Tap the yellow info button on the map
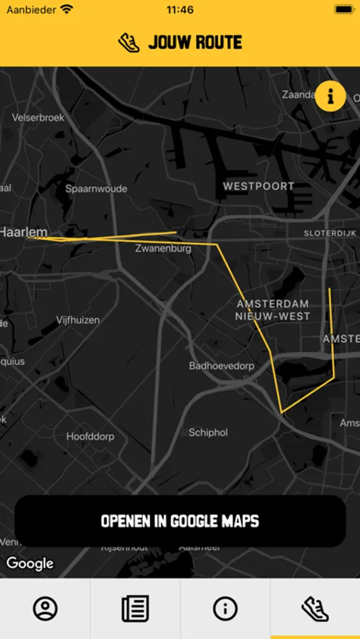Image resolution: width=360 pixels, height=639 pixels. click(330, 96)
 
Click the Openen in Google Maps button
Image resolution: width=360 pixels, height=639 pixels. click(180, 521)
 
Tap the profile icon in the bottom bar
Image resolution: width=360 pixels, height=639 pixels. click(45, 608)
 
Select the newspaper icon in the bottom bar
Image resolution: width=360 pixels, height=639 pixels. click(135, 608)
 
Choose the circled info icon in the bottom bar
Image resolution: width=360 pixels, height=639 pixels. click(225, 608)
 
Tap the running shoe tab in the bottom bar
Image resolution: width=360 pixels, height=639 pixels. click(315, 608)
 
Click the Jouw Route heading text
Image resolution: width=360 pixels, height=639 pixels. click(195, 43)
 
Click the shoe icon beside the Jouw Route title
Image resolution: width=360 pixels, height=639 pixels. click(129, 43)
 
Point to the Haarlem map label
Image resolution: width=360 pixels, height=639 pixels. click(23, 232)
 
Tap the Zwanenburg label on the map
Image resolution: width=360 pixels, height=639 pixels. click(163, 249)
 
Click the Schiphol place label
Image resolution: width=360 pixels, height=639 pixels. click(208, 432)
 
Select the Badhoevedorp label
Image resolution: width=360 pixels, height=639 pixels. click(222, 366)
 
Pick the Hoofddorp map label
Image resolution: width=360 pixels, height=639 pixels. click(90, 437)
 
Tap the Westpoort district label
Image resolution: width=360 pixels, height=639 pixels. click(258, 186)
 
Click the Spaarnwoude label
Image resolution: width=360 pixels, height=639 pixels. click(97, 189)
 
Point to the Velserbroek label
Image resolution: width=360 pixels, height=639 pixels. click(38, 117)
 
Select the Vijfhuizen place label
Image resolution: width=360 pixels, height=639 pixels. click(78, 320)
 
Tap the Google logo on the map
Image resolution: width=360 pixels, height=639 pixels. click(30, 564)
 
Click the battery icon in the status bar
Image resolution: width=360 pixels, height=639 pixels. click(344, 10)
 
